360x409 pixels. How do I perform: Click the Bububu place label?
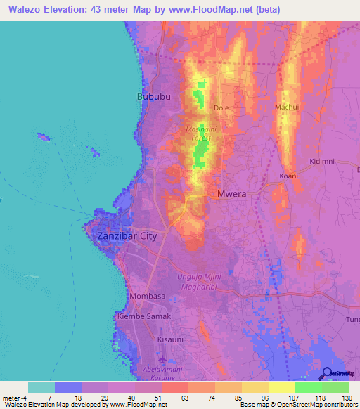pyautogui.click(x=154, y=96)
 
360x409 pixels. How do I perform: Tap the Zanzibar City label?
pyautogui.click(x=127, y=236)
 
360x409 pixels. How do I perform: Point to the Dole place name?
pyautogui.click(x=221, y=108)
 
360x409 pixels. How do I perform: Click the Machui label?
pyautogui.click(x=286, y=107)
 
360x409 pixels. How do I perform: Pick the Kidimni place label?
pyautogui.click(x=322, y=162)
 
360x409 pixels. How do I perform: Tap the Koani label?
pyautogui.click(x=288, y=176)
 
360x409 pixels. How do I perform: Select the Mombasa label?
pyautogui.click(x=148, y=297)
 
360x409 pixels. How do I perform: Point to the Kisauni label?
pyautogui.click(x=170, y=339)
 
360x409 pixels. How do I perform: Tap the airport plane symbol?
pyautogui.click(x=163, y=359)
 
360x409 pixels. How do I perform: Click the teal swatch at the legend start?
pyautogui.click(x=41, y=387)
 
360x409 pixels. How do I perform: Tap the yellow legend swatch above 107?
pyautogui.click(x=281, y=387)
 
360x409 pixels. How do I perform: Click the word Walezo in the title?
pyautogui.click(x=22, y=8)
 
